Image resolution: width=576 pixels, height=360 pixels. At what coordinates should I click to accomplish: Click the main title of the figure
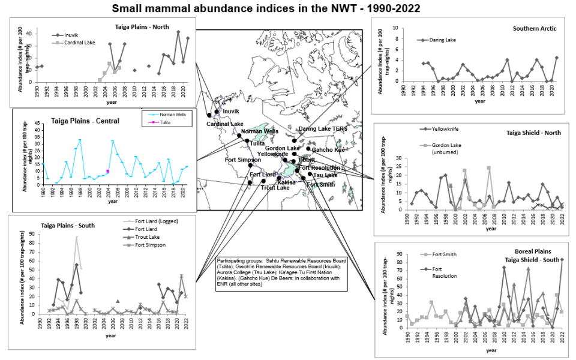287,8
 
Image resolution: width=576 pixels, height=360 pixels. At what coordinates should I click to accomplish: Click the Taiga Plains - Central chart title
74,121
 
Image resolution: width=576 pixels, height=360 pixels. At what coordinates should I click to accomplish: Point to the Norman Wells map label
260,131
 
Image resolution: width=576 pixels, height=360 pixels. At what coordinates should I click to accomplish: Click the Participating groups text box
281,272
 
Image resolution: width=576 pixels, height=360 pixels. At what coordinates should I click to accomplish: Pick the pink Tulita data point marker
107,172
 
